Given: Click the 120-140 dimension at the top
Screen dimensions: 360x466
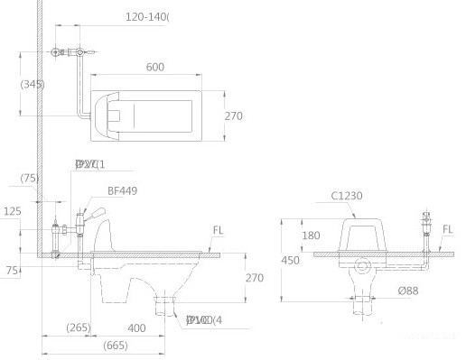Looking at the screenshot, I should coord(147,16).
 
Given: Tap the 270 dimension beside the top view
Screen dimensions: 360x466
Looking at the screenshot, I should coord(235,115).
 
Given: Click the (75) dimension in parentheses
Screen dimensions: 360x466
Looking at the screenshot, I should coord(30,178).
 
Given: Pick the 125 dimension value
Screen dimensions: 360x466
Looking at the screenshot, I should coord(12,211).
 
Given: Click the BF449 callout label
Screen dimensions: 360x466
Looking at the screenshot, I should coord(122,190).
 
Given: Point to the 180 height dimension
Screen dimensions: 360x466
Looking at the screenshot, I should coord(312,235).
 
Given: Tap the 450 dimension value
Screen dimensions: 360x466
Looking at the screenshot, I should coord(289,260).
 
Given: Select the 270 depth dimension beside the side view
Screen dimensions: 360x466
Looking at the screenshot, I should coord(254,279).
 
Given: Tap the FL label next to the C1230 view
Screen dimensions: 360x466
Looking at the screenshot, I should coord(448,230).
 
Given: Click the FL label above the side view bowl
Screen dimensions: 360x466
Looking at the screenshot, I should coord(218,229).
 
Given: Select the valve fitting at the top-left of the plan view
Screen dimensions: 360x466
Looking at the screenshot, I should coord(60,53).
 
